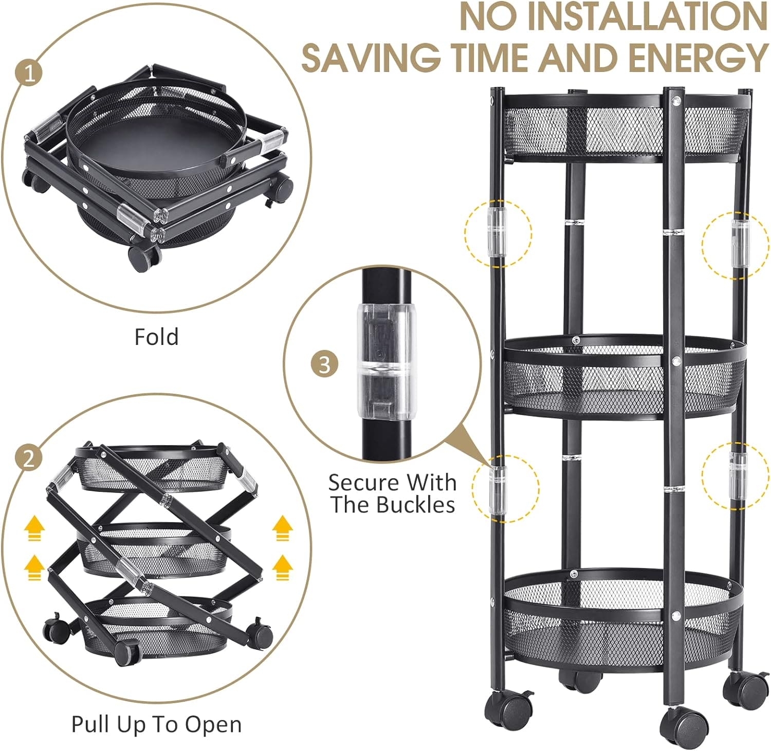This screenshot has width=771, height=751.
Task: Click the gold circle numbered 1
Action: coord(31,74)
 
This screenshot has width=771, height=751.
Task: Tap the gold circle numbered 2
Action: coord(29,457)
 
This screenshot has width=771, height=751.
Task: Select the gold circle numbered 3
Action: coord(324,365)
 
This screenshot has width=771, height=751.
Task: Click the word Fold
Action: coord(156,337)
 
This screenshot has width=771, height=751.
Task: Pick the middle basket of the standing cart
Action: coord(625,378)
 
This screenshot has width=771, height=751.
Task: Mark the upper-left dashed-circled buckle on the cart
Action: coord(497,232)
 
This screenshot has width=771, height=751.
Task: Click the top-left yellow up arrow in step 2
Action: coord(34,528)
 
